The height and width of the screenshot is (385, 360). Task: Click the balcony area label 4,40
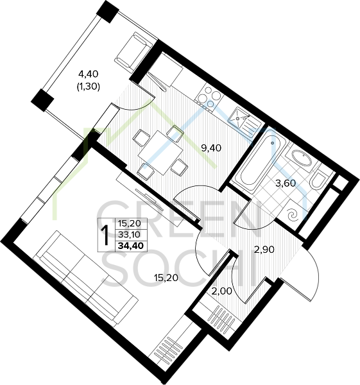88,73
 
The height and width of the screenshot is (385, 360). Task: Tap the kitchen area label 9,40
211,148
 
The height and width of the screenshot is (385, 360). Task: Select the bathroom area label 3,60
286,183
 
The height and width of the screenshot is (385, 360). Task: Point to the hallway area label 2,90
264,250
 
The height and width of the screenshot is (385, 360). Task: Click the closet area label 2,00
221,291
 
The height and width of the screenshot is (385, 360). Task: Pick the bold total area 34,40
131,246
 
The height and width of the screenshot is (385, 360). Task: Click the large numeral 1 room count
106,235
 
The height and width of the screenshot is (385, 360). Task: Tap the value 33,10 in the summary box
129,235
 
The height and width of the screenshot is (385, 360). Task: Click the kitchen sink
244,122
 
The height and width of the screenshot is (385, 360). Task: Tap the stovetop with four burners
209,98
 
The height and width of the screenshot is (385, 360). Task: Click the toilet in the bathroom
318,179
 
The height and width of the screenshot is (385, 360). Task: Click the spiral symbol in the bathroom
294,215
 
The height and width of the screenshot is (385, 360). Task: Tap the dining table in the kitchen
161,153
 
